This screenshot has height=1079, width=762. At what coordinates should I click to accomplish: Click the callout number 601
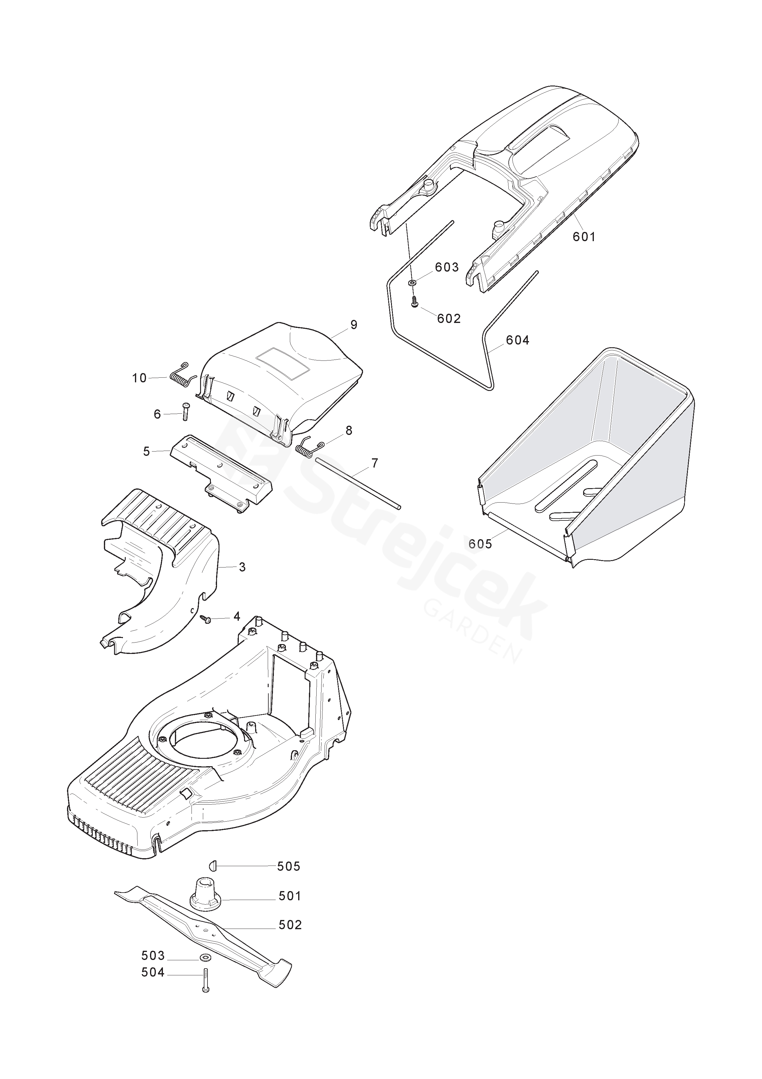click(584, 237)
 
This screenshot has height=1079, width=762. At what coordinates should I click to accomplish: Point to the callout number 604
click(517, 340)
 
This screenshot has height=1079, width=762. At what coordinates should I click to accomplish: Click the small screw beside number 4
click(206, 619)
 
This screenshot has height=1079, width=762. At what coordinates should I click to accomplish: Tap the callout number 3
click(242, 567)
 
